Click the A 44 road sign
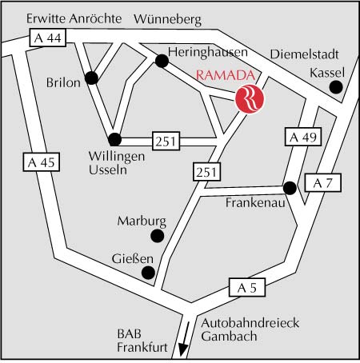click(48, 38)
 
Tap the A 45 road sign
click(42, 162)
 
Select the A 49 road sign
click(303, 137)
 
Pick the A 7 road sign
click(323, 183)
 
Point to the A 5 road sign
click(247, 288)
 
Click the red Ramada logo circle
click(250, 99)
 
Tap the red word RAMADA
click(226, 75)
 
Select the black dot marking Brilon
click(91, 78)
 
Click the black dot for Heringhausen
click(162, 61)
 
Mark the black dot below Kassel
click(336, 87)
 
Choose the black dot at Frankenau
click(290, 188)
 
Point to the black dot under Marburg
click(158, 236)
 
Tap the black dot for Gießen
click(148, 273)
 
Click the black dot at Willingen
click(115, 139)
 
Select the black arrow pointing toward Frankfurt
click(185, 339)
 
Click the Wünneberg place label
click(167, 19)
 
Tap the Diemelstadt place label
click(304, 54)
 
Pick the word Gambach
click(229, 337)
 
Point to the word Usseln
click(108, 170)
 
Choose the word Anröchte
click(96, 18)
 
